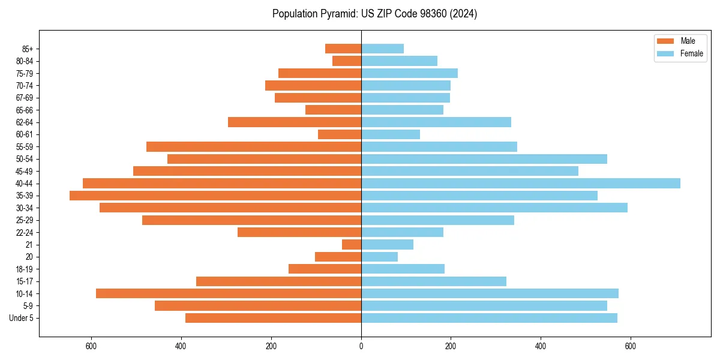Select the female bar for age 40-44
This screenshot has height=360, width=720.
(x=521, y=184)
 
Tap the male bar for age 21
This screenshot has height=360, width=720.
(x=352, y=245)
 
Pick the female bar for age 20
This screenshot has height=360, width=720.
(x=379, y=257)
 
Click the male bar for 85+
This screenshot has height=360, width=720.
(x=343, y=49)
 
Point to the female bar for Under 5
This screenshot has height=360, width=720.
(x=489, y=318)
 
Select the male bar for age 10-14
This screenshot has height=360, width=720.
(x=229, y=293)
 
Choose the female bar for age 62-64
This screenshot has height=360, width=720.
(x=436, y=122)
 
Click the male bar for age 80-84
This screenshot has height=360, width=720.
(x=347, y=61)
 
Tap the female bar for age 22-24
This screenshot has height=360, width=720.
(x=402, y=232)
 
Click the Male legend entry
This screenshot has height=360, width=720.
(x=680, y=41)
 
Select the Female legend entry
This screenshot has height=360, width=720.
(x=680, y=53)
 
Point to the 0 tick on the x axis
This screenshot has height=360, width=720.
(x=361, y=346)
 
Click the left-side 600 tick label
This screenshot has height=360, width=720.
(x=91, y=346)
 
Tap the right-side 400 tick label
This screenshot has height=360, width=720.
(x=541, y=346)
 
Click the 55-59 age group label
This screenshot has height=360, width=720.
(x=25, y=147)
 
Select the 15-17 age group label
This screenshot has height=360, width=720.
(x=25, y=281)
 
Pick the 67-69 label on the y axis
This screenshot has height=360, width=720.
(x=25, y=98)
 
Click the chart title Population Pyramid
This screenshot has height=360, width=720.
(x=374, y=14)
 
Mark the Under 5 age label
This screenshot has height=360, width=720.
(x=22, y=318)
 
